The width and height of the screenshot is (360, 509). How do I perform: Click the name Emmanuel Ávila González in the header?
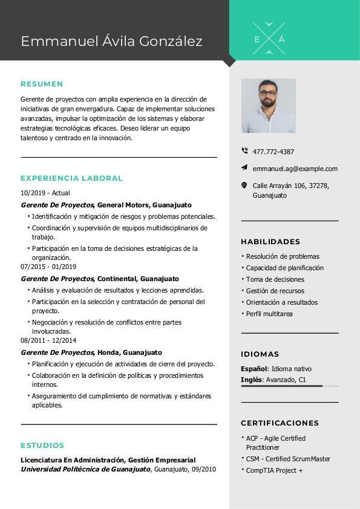[x=111, y=41]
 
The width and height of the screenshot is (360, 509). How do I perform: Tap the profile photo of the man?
[x=269, y=106]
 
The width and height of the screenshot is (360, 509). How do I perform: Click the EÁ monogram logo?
[x=269, y=39]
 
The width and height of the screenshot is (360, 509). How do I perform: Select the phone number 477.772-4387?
[x=273, y=152]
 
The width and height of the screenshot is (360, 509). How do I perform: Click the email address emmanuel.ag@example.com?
[x=295, y=169]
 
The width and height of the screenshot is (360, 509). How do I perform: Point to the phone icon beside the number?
[x=244, y=151]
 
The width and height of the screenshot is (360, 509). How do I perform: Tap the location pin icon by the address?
[x=244, y=186]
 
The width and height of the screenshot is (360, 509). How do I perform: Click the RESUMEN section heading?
[x=42, y=84]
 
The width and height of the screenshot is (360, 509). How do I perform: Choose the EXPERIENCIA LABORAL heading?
[x=71, y=178]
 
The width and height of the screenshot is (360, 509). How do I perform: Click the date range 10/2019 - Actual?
[x=45, y=193]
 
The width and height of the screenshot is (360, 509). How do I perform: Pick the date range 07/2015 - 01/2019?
[x=48, y=267]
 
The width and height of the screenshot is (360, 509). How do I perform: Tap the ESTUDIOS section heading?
[x=42, y=446]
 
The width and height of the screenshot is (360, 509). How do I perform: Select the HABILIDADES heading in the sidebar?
[x=270, y=242]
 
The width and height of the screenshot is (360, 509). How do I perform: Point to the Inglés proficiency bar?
[x=289, y=386]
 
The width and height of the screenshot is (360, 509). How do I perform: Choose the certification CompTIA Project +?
[x=274, y=470]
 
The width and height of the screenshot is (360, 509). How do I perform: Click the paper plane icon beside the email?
[x=244, y=167]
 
